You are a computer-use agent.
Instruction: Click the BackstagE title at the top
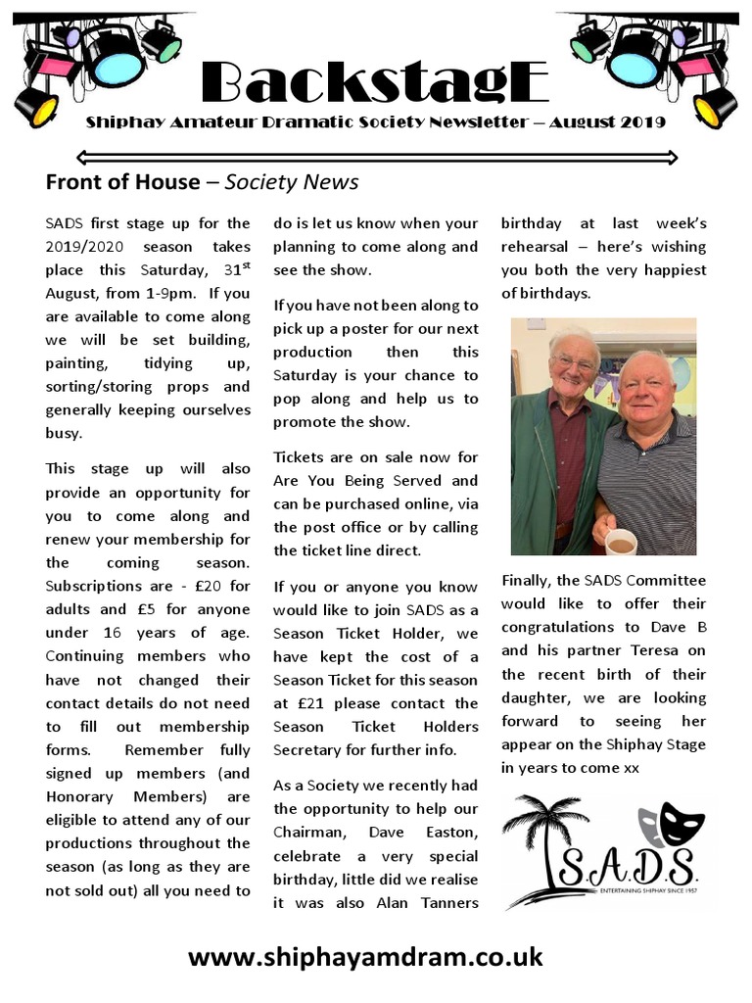click(375, 83)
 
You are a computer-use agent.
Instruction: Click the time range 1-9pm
click(183, 294)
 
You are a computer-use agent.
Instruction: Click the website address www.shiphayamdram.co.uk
click(365, 956)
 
